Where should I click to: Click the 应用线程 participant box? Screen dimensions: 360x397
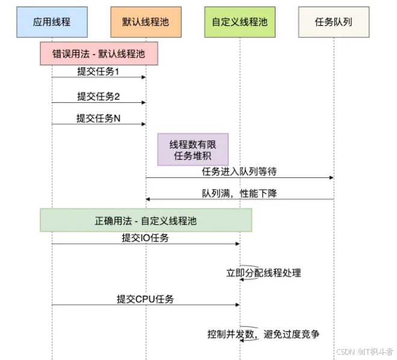[x=52, y=22]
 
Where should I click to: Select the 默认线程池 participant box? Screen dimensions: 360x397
[x=146, y=22]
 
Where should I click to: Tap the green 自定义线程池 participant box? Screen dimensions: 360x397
[x=239, y=22]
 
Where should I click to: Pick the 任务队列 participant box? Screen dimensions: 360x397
[x=333, y=22]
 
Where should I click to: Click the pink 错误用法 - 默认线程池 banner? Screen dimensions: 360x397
[x=100, y=53]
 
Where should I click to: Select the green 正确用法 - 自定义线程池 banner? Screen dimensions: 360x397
[x=146, y=221]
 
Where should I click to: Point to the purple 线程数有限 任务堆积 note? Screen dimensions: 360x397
[x=192, y=149]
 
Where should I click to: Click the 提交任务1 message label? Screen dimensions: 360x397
[x=99, y=72]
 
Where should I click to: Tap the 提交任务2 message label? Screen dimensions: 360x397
[x=99, y=96]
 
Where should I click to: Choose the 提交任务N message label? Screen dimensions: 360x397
[x=99, y=118]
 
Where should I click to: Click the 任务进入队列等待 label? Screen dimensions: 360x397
[x=239, y=172]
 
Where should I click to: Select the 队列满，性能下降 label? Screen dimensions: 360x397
[x=239, y=194]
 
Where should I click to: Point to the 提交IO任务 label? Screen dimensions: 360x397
[x=146, y=238]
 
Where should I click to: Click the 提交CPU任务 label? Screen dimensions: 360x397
[x=146, y=299]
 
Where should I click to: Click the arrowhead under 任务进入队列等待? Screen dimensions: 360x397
[x=331, y=178]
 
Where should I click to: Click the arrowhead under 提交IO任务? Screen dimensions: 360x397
[x=237, y=244]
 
